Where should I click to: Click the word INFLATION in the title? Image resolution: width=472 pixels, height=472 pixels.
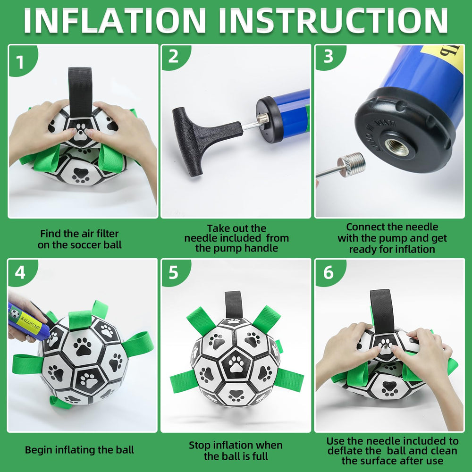[x=114, y=20]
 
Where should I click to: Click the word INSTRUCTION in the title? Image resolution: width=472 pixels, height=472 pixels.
[x=333, y=20]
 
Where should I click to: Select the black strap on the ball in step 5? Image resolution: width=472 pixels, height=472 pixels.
[x=234, y=304]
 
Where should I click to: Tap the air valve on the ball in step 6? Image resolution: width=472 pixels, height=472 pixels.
[x=385, y=346]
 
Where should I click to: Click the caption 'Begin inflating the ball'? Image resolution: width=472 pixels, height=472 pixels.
[x=79, y=450]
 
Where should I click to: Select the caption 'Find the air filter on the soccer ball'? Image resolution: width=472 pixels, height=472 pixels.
[x=79, y=239]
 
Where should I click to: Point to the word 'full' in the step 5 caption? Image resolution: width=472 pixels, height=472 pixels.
[x=260, y=456]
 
